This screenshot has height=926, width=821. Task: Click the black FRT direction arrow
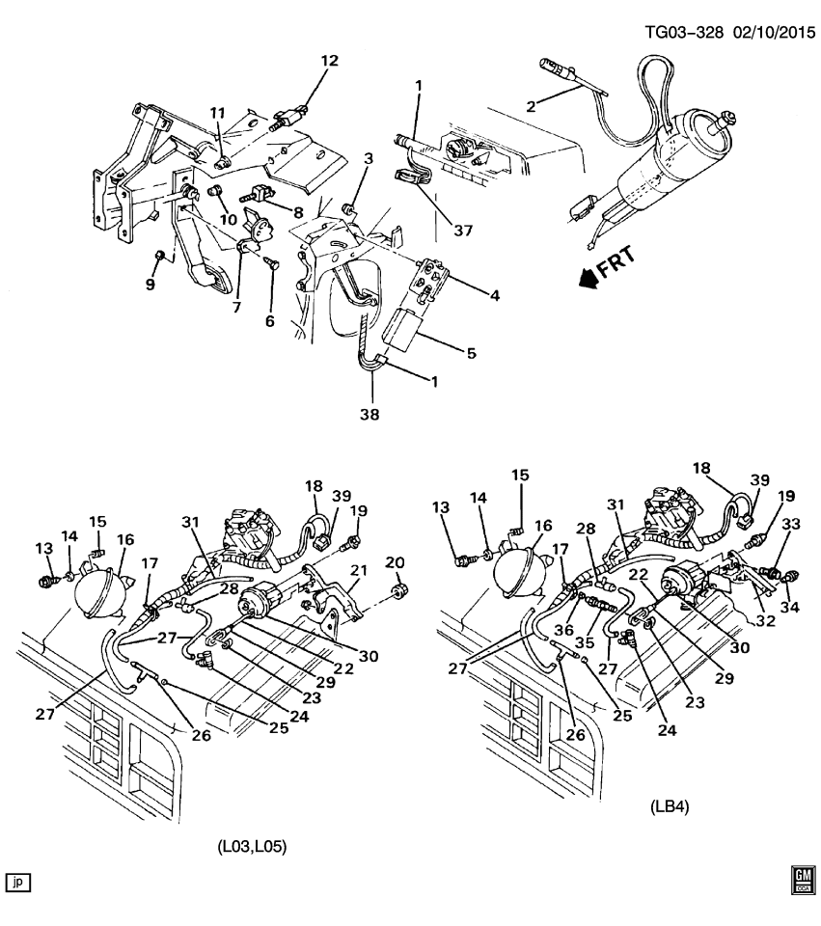click(588, 280)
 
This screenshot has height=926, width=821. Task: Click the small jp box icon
click(18, 881)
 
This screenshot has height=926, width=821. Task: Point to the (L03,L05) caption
click(253, 848)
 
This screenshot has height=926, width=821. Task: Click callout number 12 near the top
click(330, 61)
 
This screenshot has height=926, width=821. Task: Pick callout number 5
click(472, 353)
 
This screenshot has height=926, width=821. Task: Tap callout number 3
click(368, 158)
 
